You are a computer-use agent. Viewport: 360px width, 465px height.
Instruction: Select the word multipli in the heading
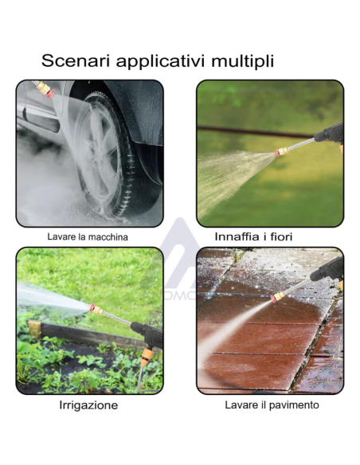(242, 61)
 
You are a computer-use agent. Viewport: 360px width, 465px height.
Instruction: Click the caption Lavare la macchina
(88, 237)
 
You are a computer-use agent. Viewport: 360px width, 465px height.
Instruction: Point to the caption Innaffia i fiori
(253, 236)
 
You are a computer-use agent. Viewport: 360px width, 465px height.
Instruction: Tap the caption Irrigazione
(88, 405)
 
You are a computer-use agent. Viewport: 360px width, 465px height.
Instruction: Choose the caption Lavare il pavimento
(272, 404)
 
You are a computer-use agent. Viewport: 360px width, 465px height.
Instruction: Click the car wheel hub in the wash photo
(98, 157)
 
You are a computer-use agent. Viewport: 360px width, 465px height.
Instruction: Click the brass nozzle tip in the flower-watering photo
(280, 152)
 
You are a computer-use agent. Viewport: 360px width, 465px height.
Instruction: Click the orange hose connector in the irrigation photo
(147, 357)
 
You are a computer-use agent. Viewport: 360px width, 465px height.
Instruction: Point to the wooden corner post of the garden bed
(35, 330)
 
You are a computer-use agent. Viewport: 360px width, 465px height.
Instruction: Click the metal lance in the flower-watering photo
(301, 144)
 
